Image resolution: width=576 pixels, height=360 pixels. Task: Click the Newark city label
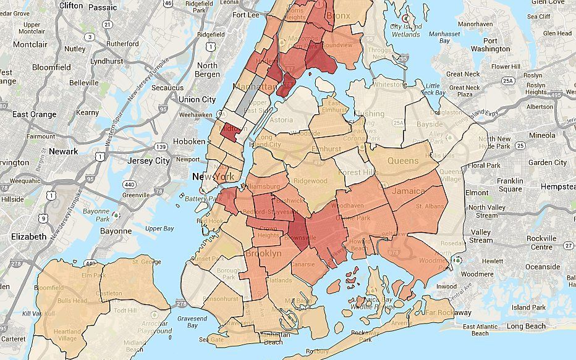tap(64, 151)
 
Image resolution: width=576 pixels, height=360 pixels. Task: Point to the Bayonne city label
tap(116, 231)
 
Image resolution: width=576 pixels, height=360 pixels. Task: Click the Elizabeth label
tap(29, 237)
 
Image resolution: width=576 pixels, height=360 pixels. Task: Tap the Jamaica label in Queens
tap(408, 193)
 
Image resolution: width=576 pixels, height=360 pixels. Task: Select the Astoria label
tap(281, 120)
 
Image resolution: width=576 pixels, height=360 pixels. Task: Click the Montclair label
tap(30, 45)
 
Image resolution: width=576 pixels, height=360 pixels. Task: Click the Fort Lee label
tap(247, 15)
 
